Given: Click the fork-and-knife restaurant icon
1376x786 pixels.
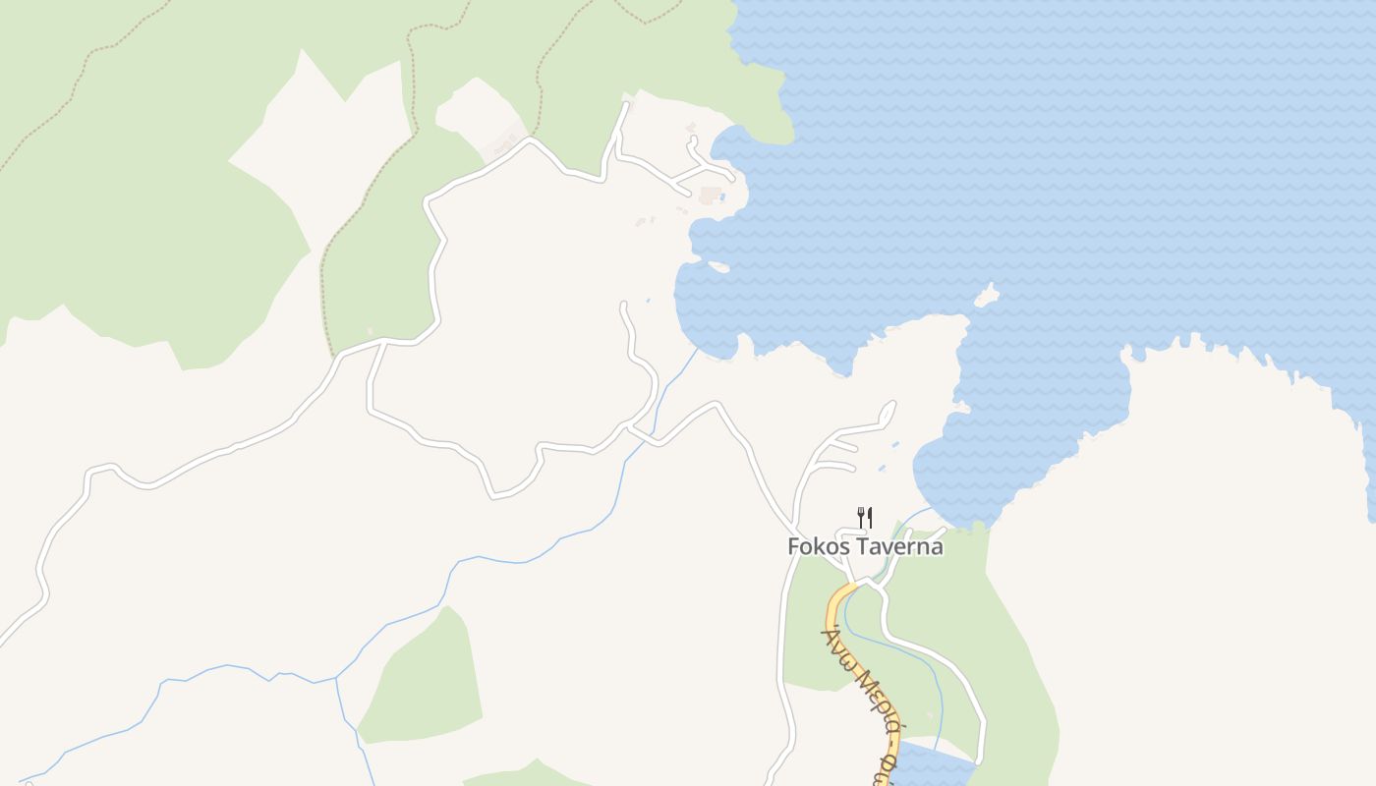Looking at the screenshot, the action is click(x=865, y=517).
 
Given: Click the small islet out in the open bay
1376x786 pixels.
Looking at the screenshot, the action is click(x=987, y=296).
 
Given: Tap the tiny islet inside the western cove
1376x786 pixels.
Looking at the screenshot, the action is click(x=718, y=266).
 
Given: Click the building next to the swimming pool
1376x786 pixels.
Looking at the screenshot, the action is click(x=710, y=195).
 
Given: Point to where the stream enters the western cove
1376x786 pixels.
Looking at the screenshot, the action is click(x=697, y=351).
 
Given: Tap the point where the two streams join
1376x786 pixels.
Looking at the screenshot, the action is click(x=336, y=678).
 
